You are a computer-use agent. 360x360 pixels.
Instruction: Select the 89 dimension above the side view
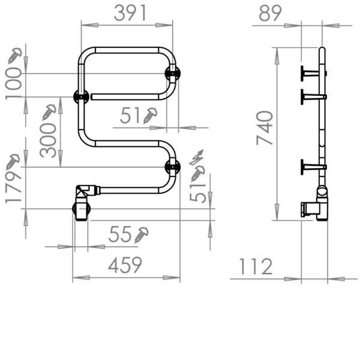[269, 13]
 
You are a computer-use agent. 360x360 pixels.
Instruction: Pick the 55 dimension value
[121, 236]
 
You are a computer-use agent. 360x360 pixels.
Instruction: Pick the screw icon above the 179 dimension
[13, 160]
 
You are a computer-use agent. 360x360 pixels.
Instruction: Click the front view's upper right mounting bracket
[172, 74]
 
